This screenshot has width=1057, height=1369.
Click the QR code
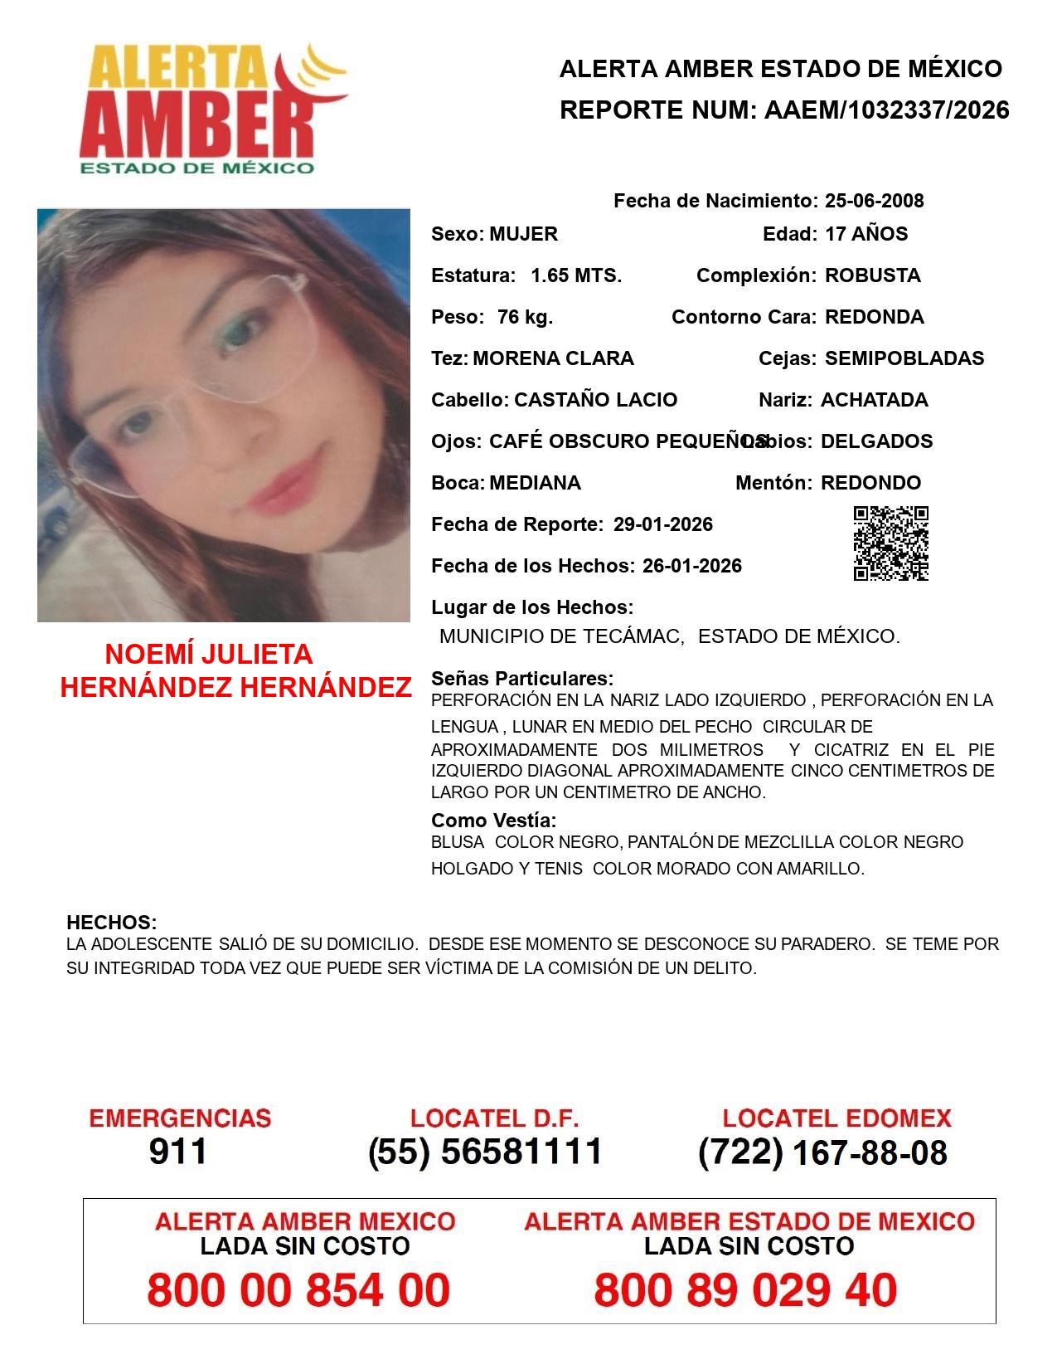click(890, 543)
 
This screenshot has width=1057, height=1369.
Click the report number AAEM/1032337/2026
click(886, 110)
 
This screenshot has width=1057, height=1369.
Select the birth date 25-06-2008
click(874, 201)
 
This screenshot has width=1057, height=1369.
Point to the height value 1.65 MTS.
click(576, 275)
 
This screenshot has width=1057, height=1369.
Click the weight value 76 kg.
click(525, 317)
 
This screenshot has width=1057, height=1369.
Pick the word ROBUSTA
click(872, 275)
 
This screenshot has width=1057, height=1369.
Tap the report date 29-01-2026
click(662, 524)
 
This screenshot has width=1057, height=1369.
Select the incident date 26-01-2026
click(691, 566)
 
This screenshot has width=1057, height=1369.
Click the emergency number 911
click(177, 1152)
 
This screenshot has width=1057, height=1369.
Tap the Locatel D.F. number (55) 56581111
click(485, 1152)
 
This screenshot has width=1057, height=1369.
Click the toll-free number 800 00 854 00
click(298, 1290)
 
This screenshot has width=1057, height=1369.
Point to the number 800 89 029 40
click(745, 1290)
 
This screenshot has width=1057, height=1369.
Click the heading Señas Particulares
click(522, 679)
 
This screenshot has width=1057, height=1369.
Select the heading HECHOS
click(111, 923)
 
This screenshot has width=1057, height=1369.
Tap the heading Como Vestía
click(493, 821)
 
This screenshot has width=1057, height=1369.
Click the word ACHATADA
click(874, 400)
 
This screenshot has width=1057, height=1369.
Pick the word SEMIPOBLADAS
click(904, 358)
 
